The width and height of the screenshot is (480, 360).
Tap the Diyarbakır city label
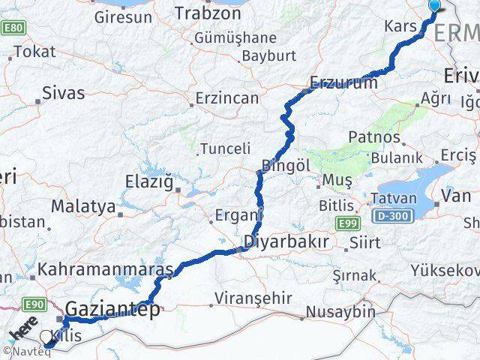[x=287, y=242]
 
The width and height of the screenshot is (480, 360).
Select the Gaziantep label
[x=112, y=309]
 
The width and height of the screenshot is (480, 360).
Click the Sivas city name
[x=64, y=94]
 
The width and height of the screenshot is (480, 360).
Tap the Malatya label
[x=83, y=205]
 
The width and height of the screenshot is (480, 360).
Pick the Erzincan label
[x=226, y=98]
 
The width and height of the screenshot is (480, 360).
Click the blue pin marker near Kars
[x=434, y=7]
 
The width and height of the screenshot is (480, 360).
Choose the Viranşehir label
[x=253, y=298]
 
